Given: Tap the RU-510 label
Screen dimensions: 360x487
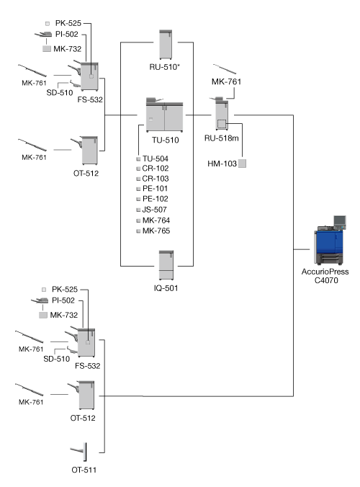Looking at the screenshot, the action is tap(164, 67).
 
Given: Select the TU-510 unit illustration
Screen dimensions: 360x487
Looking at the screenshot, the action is tap(164, 115).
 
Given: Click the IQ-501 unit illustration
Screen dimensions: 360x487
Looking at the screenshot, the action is tap(166, 265).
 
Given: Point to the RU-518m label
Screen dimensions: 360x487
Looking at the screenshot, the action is tap(221, 138).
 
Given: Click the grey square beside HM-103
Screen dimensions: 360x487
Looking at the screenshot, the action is tap(242, 164).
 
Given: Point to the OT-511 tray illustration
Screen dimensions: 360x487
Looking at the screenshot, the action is tap(78, 452).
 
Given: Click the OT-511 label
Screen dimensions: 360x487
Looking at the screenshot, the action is tap(84, 470).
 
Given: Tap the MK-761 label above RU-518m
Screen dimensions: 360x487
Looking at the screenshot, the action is tap(226, 81).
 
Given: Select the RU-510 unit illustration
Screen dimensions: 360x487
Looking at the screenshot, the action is tap(166, 45).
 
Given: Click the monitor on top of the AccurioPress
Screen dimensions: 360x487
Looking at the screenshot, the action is tap(340, 221).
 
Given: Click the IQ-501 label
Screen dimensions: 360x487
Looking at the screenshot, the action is tap(166, 288).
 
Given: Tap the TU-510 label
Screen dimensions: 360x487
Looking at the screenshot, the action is tap(166, 140).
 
